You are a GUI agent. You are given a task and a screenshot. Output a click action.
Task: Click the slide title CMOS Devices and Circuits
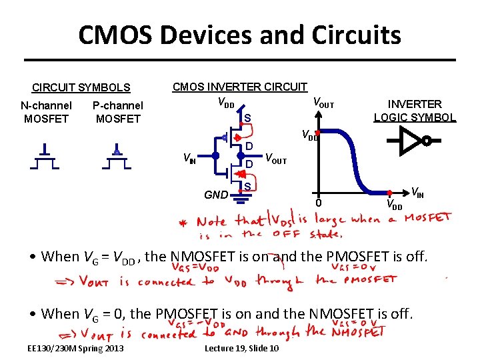pos(239,35)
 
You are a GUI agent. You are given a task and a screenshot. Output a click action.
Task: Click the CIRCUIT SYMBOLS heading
pos(81,87)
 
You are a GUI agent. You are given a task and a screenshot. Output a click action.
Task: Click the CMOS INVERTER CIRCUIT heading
pos(240,87)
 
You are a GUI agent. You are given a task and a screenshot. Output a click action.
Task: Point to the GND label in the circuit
pos(215,195)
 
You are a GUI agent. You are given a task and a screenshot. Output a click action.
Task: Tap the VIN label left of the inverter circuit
pos(190,159)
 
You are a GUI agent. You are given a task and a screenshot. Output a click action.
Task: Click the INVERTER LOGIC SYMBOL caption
pos(415,111)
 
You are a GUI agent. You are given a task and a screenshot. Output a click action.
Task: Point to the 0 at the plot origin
pos(319,203)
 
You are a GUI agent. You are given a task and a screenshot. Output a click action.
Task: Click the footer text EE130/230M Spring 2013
pos(75,349)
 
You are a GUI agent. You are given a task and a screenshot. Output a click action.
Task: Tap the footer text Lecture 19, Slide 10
pos(241,349)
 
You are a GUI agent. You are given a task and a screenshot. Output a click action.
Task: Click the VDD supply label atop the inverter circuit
pos(226,104)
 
